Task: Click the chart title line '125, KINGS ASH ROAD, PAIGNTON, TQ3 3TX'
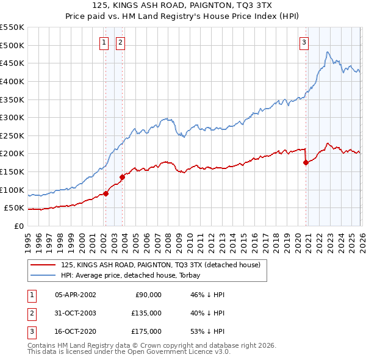point(182,5)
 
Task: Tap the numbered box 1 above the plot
point(104,42)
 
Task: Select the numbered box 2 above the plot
point(121,42)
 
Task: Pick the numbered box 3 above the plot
point(304,42)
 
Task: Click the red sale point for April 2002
point(106,193)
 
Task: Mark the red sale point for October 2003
point(122,177)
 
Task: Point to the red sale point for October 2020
point(306,162)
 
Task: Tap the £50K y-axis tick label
point(15,207)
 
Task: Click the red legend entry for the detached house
point(160,265)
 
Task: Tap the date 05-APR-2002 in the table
point(75,294)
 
